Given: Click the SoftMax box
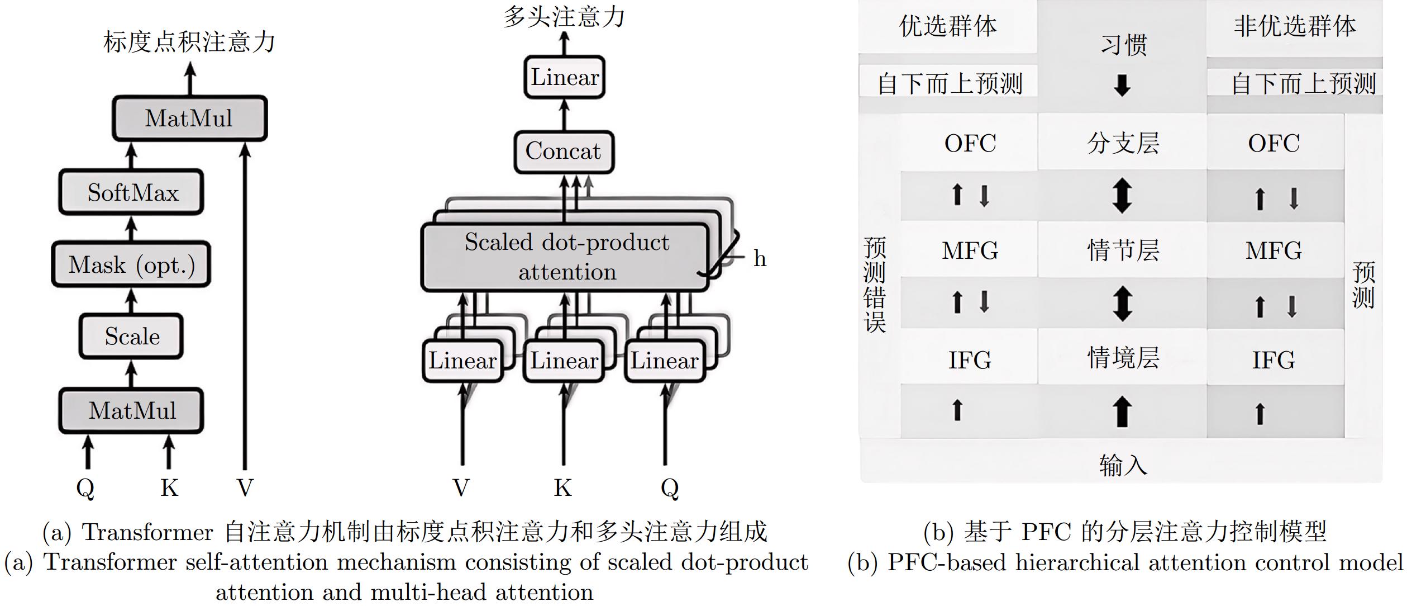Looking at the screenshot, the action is pos(131,192).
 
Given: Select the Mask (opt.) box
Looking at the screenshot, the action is pos(131,264).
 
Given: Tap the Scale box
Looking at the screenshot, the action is pos(131,336).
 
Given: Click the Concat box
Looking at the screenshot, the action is pos(564,151).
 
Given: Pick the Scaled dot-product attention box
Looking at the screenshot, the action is pos(565,257).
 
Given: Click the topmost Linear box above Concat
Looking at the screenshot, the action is pos(565,77).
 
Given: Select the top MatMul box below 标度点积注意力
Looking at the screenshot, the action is pos(190,118).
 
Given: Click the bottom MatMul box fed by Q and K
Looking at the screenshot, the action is pos(131,410).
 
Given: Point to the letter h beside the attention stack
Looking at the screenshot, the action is pos(760,258).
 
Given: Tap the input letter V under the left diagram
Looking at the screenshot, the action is pos(245,488).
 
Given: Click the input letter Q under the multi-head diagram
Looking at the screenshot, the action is pos(670,489).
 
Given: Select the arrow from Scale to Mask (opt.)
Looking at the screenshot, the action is pos(131,301).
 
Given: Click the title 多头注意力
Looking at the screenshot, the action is pos(564,16).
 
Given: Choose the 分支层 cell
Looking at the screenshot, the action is pos(1123,143).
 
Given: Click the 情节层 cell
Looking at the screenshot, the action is pos(1123,250).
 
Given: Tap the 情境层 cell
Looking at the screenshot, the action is pos(1123,357).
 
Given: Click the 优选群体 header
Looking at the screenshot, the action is pos(948,26).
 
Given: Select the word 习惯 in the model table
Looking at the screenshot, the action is pos(1123,45).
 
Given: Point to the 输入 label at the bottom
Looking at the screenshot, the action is pos(1123,465).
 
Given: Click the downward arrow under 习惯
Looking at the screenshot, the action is pos(1122,86).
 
